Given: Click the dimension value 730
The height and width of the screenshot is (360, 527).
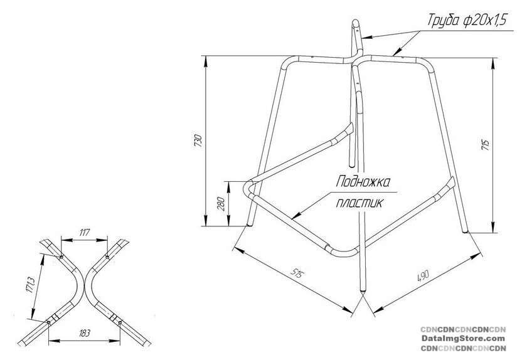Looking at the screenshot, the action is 198,141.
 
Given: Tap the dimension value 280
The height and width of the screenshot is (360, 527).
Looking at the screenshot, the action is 221,204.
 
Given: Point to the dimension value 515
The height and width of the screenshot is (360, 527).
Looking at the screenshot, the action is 297,274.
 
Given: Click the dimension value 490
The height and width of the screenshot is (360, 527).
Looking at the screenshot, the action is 423,275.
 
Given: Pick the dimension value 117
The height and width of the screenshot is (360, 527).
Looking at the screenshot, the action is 84,232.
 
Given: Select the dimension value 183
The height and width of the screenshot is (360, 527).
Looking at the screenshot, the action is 84,333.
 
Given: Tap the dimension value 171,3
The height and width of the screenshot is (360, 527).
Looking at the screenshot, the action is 30,285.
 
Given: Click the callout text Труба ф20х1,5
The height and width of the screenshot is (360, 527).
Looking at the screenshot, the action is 467,20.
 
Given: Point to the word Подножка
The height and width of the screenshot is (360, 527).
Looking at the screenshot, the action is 363,182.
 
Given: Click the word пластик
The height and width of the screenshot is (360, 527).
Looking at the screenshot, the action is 359,203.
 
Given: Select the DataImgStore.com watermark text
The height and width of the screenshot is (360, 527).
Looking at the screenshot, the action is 463,339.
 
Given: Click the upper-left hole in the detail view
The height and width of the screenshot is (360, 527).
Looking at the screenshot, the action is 61,258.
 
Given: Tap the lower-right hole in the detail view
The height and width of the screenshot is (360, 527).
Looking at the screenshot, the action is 120,323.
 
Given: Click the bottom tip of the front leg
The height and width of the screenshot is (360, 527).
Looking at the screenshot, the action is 363,292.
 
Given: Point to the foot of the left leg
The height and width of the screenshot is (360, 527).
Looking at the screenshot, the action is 250,224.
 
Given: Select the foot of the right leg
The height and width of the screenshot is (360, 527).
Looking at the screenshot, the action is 465,230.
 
